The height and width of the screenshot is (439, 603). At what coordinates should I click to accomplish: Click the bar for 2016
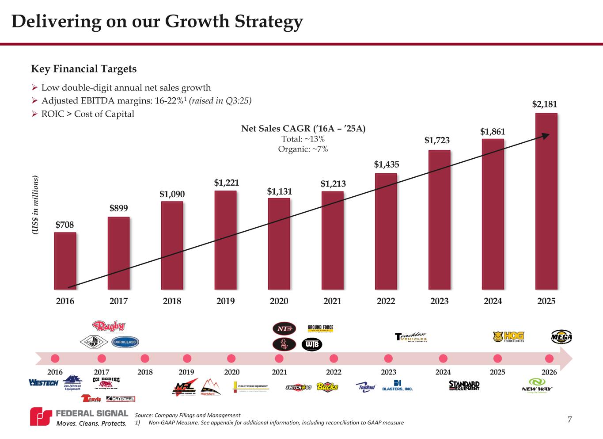click(x=65, y=261)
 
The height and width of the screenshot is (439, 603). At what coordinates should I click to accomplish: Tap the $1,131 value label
click(x=279, y=191)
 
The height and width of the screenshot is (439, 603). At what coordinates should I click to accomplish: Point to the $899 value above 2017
click(x=118, y=208)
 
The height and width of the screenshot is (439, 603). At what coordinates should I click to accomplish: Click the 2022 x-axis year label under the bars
click(x=386, y=301)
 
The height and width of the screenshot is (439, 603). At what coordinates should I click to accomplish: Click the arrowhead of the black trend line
click(x=546, y=135)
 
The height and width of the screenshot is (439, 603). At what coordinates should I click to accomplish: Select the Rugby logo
click(x=109, y=327)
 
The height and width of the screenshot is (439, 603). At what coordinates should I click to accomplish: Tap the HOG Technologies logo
click(x=509, y=337)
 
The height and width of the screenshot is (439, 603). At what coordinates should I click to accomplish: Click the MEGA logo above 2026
click(x=561, y=337)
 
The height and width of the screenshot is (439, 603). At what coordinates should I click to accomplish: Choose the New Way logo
click(x=537, y=384)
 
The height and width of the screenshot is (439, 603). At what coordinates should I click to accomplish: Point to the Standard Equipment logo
click(x=464, y=385)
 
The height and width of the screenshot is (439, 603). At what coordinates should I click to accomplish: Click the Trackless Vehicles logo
click(x=411, y=337)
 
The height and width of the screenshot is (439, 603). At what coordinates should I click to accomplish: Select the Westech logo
click(x=43, y=382)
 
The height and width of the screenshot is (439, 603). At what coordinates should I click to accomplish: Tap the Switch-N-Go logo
click(x=299, y=387)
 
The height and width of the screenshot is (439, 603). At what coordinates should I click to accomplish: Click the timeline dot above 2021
click(x=279, y=358)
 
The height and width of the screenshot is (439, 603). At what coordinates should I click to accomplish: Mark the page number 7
click(x=569, y=420)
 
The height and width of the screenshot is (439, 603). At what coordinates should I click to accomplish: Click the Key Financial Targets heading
click(x=84, y=69)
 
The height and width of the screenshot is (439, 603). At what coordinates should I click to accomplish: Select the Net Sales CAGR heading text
click(x=303, y=129)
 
